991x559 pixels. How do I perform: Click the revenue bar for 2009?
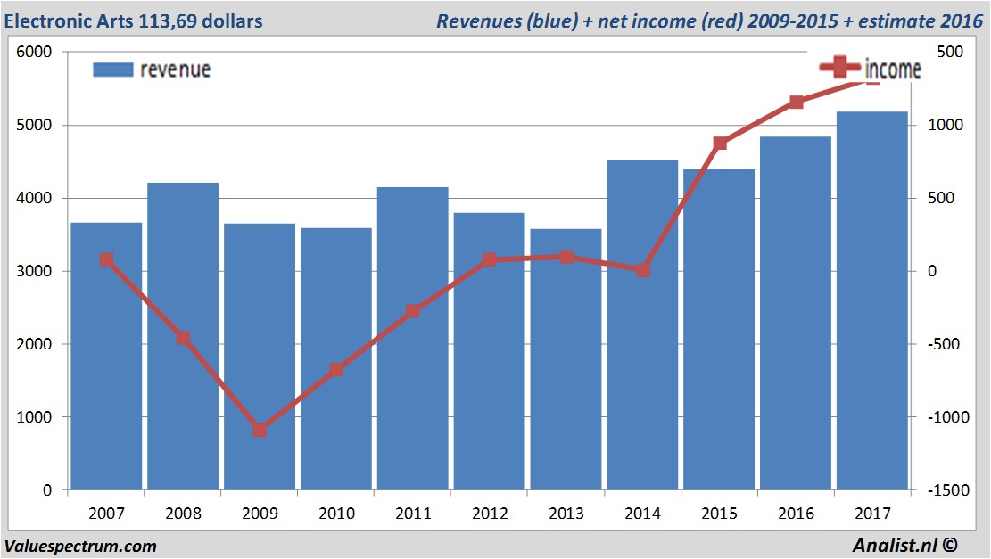(260, 357)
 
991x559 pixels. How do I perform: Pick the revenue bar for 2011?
(412, 339)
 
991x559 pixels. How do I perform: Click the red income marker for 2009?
(260, 430)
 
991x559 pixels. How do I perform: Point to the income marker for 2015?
(720, 143)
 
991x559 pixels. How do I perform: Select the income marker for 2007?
(106, 259)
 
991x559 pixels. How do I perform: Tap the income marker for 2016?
(796, 103)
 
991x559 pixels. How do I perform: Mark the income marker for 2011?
(412, 311)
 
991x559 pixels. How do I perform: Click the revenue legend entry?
(152, 70)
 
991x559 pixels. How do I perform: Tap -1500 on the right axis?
(946, 490)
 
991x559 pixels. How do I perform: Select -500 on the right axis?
(946, 344)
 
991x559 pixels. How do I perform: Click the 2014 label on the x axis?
(642, 514)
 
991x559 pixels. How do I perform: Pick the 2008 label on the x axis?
(183, 514)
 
